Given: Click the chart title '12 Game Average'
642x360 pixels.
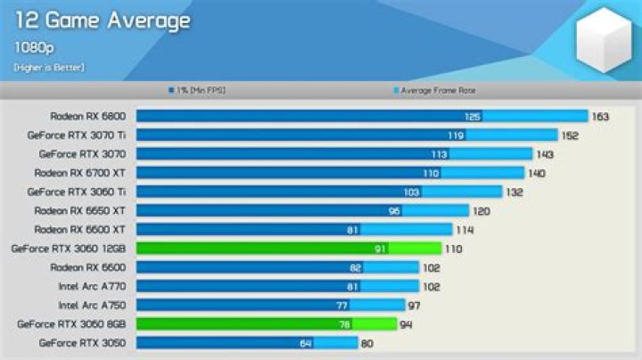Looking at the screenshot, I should pyautogui.click(x=102, y=20).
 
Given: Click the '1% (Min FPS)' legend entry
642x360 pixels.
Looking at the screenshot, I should pyautogui.click(x=193, y=90).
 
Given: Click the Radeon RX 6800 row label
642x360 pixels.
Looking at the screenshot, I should pyautogui.click(x=88, y=116).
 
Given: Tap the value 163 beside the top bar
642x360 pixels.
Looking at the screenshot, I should pyautogui.click(x=601, y=116).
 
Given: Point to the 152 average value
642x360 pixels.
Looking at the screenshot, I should pyautogui.click(x=571, y=135).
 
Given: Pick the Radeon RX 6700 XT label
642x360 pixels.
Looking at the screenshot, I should pyautogui.click(x=80, y=172).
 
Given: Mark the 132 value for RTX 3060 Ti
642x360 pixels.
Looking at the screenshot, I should pyautogui.click(x=514, y=192).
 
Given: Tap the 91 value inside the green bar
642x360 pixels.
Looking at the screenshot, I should pyautogui.click(x=381, y=249).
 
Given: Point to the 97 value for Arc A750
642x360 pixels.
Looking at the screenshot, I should pyautogui.click(x=414, y=305).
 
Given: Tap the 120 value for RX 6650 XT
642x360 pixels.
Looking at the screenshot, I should pyautogui.click(x=481, y=210).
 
